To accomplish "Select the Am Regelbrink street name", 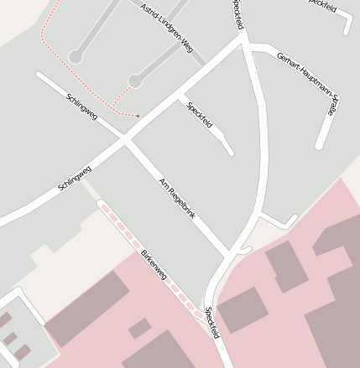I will click(x=176, y=199).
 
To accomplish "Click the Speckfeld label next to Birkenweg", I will click(x=211, y=322).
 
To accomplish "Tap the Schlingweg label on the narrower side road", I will click(x=81, y=106).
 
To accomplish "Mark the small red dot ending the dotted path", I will click(x=138, y=115).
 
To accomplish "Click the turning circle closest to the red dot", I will click(x=135, y=81).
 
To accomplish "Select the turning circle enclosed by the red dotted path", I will click(x=76, y=57).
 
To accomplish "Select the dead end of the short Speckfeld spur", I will click(x=230, y=153).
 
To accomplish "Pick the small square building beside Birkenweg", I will click(x=139, y=328).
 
